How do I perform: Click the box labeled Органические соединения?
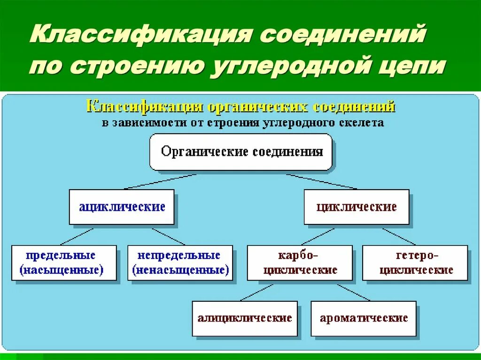pos(240,152)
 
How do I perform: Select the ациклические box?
pos(122,207)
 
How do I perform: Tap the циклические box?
pos(356,207)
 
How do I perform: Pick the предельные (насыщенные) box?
pos(63,263)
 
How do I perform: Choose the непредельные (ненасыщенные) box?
pos(180,263)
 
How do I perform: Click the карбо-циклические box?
pos(300,263)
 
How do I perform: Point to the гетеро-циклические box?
pos(415,263)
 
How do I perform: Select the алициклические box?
pos(245,318)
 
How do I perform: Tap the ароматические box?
pos(364,318)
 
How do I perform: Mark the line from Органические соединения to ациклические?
pos(160,182)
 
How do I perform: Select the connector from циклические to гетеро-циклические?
pos(399,237)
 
